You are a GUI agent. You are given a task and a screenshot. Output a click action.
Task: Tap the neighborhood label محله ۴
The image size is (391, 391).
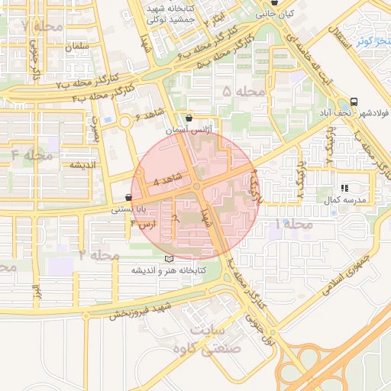point(32,156)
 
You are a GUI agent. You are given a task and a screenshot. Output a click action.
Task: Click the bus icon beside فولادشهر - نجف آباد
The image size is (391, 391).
point(353,102)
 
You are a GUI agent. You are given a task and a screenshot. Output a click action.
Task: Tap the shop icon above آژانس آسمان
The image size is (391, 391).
point(189,118)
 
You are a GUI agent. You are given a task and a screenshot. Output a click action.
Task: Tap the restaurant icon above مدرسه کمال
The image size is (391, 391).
point(344,187)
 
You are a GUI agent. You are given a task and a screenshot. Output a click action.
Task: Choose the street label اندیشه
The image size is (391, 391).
point(82,165)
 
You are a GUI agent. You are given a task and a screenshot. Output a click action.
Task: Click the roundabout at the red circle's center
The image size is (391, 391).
point(196,186)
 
